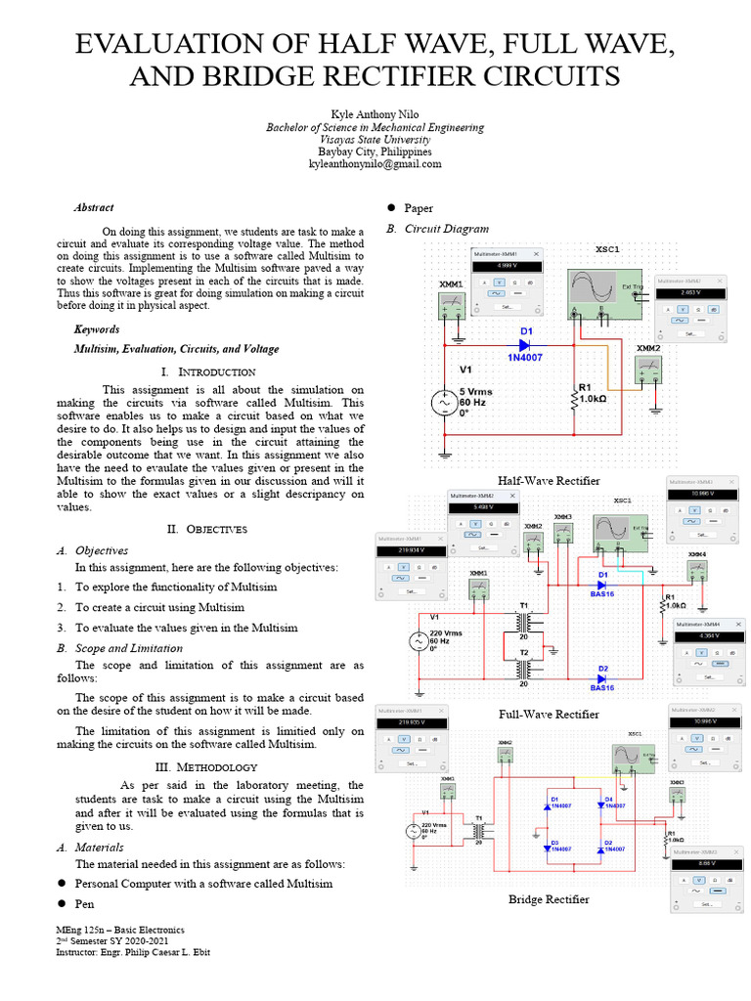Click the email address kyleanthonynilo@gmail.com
click(375, 166)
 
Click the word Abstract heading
click(94, 207)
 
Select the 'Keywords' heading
click(97, 329)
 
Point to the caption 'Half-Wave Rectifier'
click(549, 480)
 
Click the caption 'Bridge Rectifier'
click(549, 898)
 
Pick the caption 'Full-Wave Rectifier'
click(549, 714)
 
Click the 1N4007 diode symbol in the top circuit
click(525, 344)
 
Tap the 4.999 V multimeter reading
click(506, 266)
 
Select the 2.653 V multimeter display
click(690, 292)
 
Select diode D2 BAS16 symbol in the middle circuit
click(602, 677)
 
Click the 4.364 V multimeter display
click(707, 636)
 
